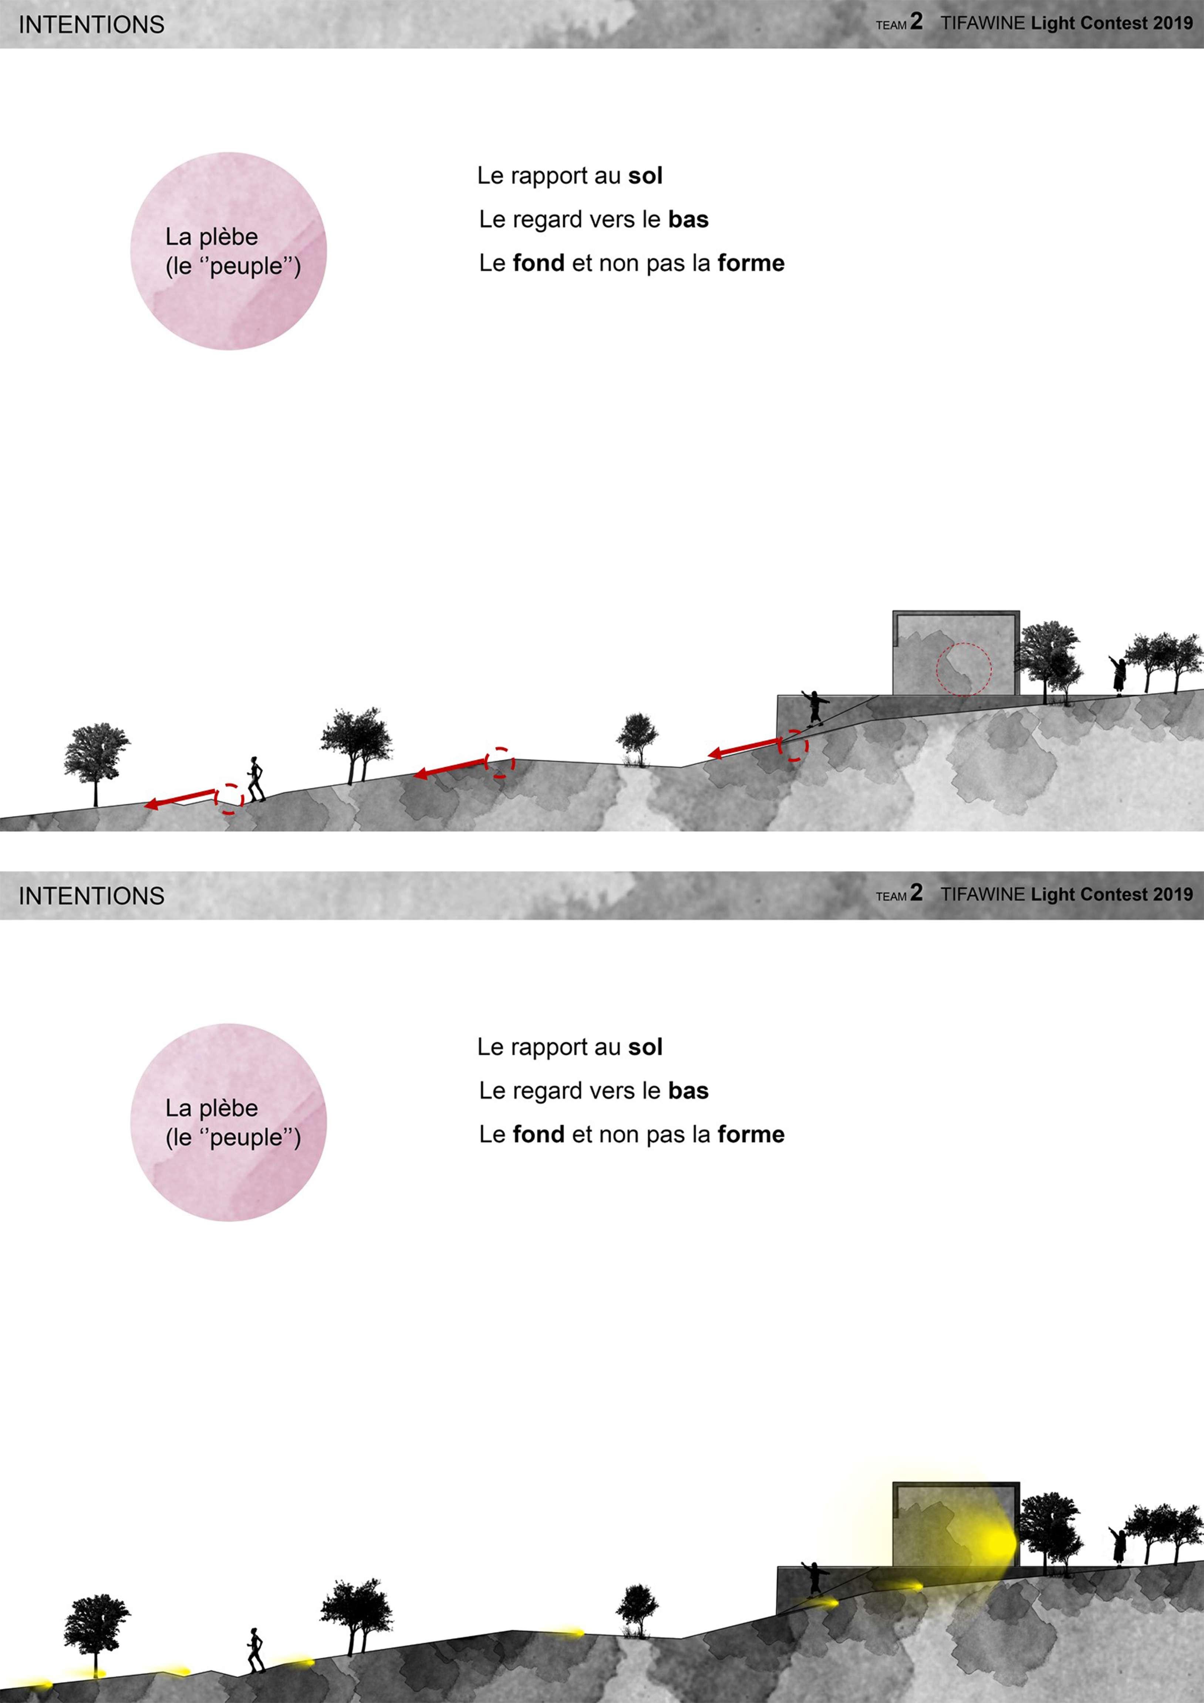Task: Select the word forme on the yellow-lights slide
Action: [751, 1134]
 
